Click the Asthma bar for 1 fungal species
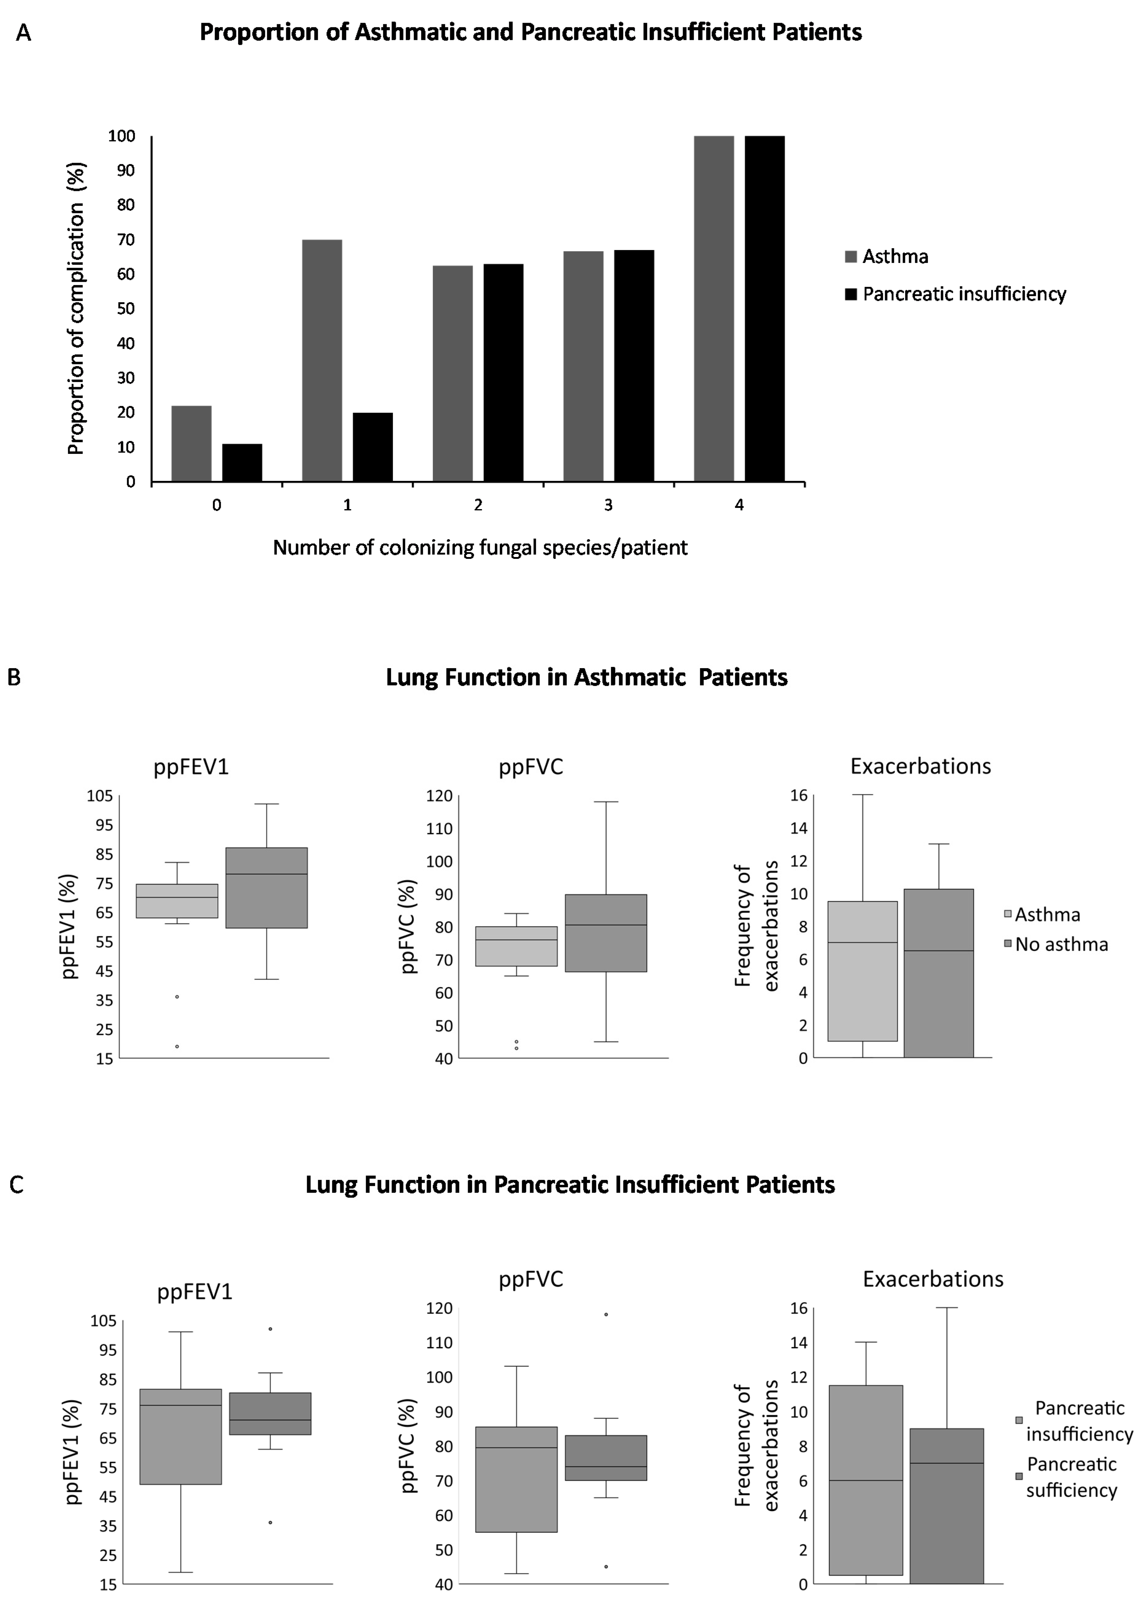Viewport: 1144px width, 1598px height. [x=322, y=361]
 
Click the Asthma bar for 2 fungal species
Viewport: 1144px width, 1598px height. [x=452, y=373]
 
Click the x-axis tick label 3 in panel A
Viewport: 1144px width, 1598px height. [x=608, y=505]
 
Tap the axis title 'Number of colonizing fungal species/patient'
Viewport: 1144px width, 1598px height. [x=480, y=547]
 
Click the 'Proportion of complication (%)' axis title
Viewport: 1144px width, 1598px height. [x=76, y=309]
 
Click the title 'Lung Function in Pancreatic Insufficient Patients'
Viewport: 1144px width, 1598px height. [x=570, y=1185]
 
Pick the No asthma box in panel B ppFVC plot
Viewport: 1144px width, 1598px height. [x=606, y=933]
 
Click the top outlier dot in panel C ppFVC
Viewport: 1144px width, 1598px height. [x=606, y=1314]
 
